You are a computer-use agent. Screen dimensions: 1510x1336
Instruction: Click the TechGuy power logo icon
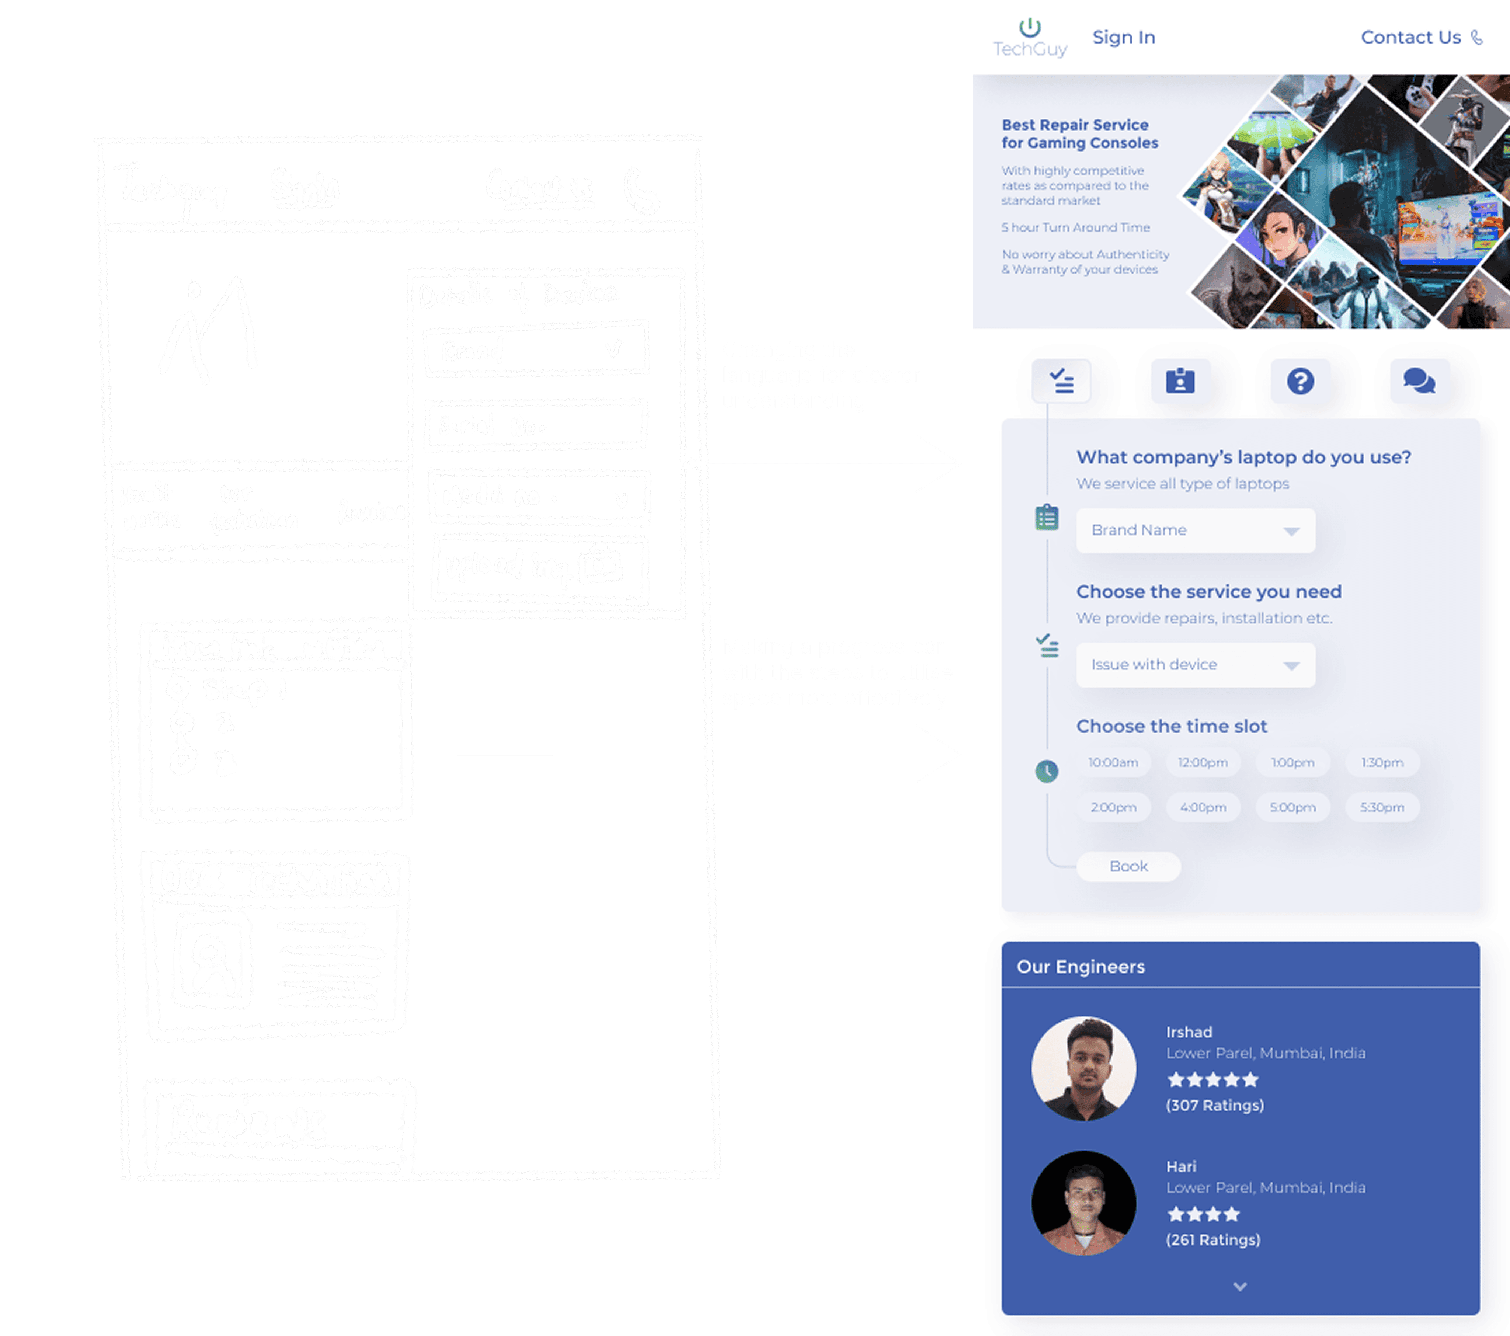click(1030, 28)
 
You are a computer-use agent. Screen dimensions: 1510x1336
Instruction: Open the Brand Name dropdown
click(1195, 530)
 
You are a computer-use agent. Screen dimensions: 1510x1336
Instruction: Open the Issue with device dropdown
click(1195, 664)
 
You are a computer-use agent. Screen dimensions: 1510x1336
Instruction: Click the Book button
click(1128, 866)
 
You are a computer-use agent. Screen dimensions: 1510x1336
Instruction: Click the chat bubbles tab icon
click(1419, 381)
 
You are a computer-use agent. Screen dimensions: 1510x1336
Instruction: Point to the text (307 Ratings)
click(1214, 1106)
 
